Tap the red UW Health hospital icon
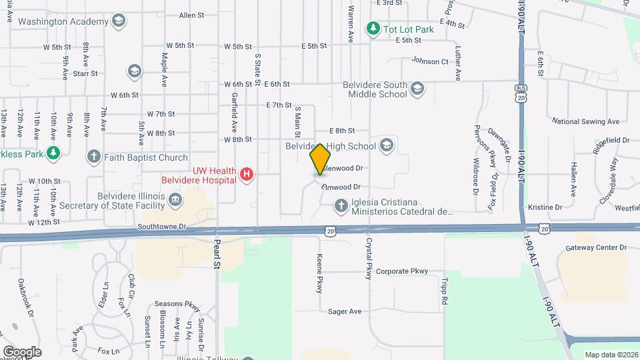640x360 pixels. click(247, 175)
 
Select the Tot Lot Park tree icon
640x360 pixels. click(373, 28)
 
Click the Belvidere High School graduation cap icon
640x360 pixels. click(387, 145)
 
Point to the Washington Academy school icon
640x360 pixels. click(119, 21)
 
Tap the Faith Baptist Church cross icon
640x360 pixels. click(93, 157)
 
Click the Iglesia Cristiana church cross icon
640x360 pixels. click(341, 207)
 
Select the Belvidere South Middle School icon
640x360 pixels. click(417, 89)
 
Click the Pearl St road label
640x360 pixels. click(216, 253)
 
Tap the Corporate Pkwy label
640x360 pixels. click(401, 271)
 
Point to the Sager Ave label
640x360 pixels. click(344, 311)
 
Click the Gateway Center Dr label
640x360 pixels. click(596, 247)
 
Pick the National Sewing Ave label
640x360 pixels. click(585, 121)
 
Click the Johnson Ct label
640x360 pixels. click(429, 61)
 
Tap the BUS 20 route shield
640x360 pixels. click(521, 93)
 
